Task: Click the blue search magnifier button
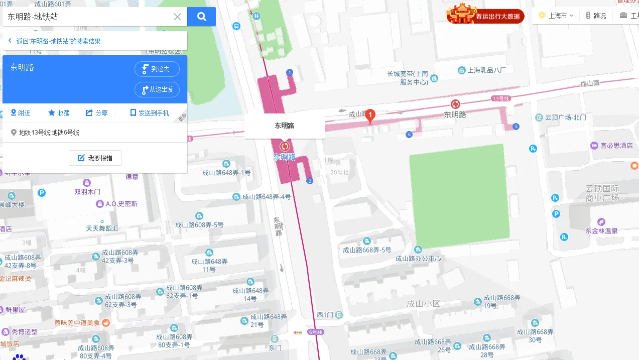tap(201, 17)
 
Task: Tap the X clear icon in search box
tap(177, 17)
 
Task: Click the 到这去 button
tap(157, 69)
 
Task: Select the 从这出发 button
tap(157, 89)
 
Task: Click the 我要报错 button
tap(95, 158)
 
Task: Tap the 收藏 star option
tap(59, 113)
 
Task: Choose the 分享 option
tap(97, 113)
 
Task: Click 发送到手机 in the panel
tap(149, 113)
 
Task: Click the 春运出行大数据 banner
tap(485, 15)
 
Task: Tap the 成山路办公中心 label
tap(418, 258)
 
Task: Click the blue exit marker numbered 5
tap(516, 126)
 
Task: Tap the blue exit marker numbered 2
tap(310, 181)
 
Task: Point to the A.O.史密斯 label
tap(121, 204)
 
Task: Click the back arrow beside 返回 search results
tap(10, 41)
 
